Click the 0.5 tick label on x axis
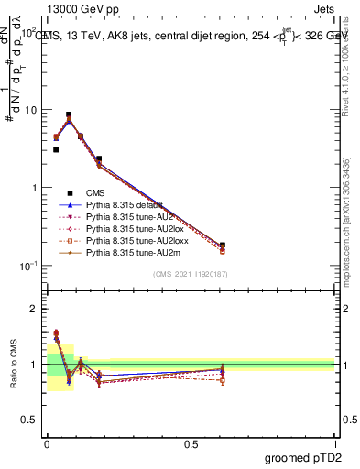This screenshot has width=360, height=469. (x=191, y=443)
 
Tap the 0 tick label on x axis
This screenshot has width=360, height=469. (x=47, y=443)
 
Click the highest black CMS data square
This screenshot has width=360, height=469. (x=69, y=115)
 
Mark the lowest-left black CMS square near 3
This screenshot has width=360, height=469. (x=56, y=149)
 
